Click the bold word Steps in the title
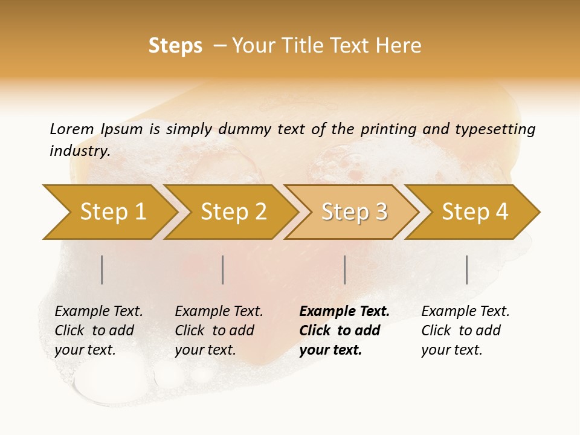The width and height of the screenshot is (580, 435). [175, 46]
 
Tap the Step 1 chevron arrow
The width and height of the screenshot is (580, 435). [112, 211]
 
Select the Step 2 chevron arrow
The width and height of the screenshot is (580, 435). [233, 211]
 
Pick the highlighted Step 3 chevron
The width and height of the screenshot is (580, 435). [354, 211]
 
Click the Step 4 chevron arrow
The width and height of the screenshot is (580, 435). [475, 211]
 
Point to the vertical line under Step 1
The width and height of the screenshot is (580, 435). [102, 269]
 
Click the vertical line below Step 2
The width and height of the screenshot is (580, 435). [223, 269]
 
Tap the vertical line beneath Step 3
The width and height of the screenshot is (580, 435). [344, 269]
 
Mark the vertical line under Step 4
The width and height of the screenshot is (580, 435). [466, 269]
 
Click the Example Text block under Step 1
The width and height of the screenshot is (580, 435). [98, 330]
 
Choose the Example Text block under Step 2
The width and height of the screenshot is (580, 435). [218, 330]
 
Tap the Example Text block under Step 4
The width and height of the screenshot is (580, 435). [465, 330]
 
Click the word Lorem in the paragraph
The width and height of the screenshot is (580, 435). [71, 129]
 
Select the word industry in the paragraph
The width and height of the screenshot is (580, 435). [79, 151]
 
